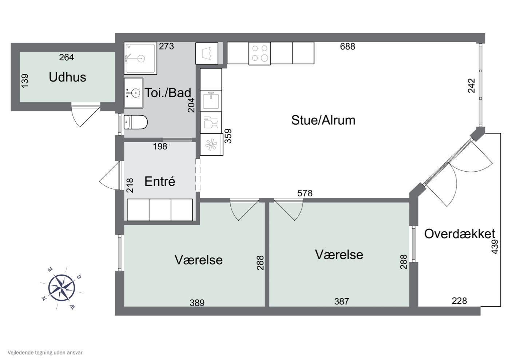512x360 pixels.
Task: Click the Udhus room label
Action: (x=67, y=77)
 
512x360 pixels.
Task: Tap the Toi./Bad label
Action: (x=168, y=93)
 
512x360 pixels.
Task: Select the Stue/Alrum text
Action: (x=323, y=120)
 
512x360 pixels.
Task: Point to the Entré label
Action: (x=160, y=181)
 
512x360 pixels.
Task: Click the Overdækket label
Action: (x=460, y=234)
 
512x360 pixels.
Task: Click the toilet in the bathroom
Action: (x=136, y=122)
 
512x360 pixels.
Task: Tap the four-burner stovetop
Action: (x=260, y=53)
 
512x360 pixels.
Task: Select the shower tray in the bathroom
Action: (x=140, y=58)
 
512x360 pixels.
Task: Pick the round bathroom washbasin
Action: (x=134, y=93)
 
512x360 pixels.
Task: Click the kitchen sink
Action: (x=211, y=101)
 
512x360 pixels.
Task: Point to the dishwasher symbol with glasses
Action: (x=211, y=123)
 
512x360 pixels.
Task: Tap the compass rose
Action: (x=62, y=288)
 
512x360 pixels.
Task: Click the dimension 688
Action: (x=348, y=47)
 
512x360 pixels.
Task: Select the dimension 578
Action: (x=305, y=193)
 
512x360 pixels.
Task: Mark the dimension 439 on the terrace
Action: (x=495, y=247)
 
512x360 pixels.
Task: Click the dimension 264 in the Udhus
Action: (x=67, y=57)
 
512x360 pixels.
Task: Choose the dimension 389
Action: (x=197, y=303)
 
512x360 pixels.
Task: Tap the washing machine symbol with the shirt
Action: (x=207, y=53)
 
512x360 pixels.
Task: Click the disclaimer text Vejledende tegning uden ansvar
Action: (x=45, y=352)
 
